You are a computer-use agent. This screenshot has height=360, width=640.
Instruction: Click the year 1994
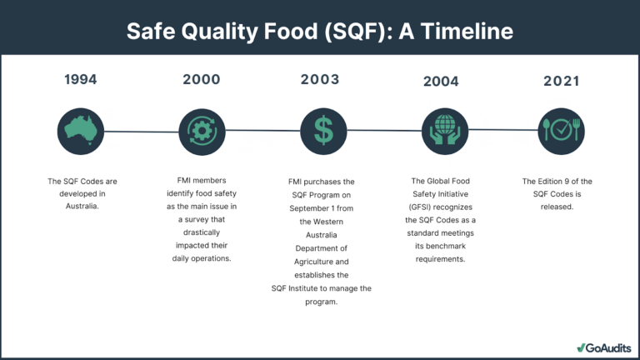[x=80, y=79]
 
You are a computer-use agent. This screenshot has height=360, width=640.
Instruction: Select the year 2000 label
[x=201, y=79]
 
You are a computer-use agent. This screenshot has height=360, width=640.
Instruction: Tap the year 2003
[x=320, y=79]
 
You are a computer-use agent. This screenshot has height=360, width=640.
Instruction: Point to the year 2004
[x=441, y=81]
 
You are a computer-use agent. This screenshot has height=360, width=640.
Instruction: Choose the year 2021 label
[x=561, y=81]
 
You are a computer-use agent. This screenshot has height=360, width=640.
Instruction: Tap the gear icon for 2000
[x=202, y=132]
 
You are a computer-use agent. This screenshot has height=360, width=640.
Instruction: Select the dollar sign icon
[x=323, y=132]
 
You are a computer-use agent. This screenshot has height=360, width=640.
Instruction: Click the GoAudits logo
[x=604, y=347]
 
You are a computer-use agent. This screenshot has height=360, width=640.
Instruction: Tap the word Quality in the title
[x=219, y=32]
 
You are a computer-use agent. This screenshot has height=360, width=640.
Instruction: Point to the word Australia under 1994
[x=82, y=206]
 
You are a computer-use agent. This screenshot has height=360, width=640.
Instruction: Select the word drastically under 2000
[x=202, y=232]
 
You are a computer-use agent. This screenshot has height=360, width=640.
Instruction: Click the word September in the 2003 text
[x=309, y=208]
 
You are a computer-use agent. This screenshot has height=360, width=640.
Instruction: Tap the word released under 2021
[x=557, y=207]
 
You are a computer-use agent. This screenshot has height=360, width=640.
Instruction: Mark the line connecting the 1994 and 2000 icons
[x=141, y=132]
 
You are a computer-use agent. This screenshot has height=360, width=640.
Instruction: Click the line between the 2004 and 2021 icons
[x=503, y=130]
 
